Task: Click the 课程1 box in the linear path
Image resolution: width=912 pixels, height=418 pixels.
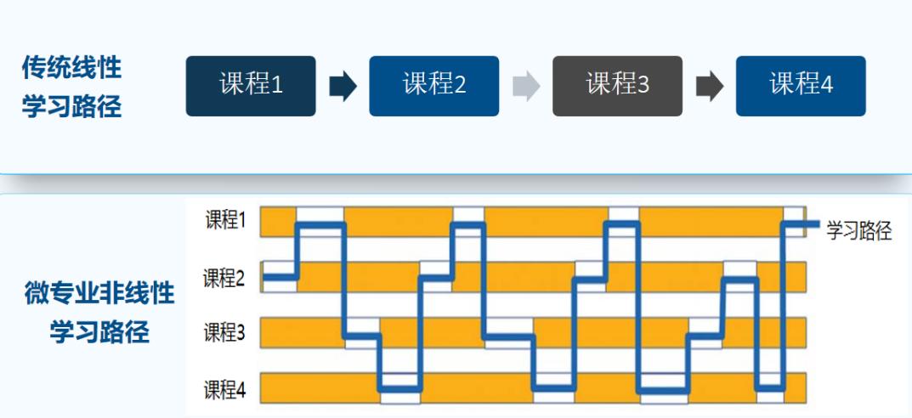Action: [x=251, y=86]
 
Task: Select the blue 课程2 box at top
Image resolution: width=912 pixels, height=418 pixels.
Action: [x=433, y=86]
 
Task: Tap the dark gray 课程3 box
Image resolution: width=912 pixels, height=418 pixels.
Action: [x=617, y=86]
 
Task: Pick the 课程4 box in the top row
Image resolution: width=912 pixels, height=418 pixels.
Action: [x=801, y=86]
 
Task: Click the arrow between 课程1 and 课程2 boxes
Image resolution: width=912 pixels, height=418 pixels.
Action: [x=343, y=87]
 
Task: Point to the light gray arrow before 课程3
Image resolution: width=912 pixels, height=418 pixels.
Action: [x=526, y=87]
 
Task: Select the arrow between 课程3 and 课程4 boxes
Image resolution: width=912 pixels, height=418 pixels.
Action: [x=710, y=87]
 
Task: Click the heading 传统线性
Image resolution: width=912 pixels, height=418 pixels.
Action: [x=71, y=69]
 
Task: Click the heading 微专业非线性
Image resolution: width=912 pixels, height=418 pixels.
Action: [x=99, y=294]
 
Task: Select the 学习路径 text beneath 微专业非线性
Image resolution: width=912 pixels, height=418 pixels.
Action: [x=99, y=332]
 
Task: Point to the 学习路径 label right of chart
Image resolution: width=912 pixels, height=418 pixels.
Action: [x=859, y=231]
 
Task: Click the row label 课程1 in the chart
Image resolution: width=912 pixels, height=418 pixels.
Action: [x=225, y=221]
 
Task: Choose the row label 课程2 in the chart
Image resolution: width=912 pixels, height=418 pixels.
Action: [x=224, y=278]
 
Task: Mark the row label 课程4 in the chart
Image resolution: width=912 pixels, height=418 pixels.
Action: [x=224, y=391]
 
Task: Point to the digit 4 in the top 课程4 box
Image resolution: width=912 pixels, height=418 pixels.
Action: [x=827, y=86]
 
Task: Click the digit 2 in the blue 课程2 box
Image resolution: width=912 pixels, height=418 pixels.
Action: [x=460, y=86]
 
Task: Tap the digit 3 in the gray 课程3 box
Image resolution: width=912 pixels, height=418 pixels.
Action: [x=643, y=86]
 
